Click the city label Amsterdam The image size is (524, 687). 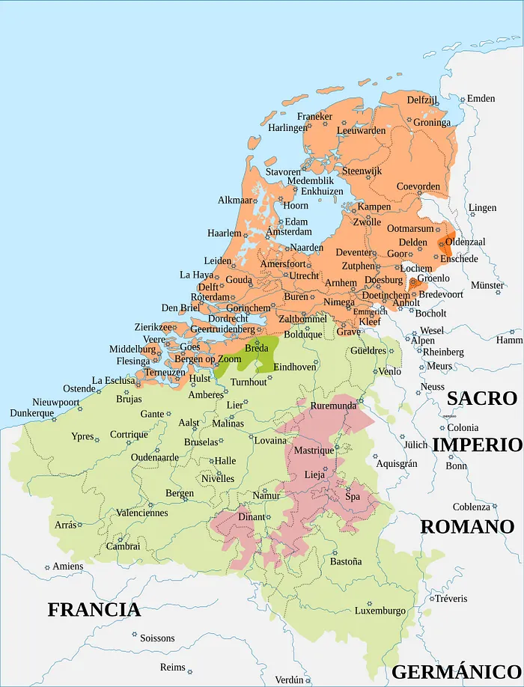point(289,232)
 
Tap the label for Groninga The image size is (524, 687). point(432,122)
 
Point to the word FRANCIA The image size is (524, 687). point(94,609)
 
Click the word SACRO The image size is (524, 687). point(481,398)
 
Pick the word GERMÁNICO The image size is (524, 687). point(457,671)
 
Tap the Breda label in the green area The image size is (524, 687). point(257,349)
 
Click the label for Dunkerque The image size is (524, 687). point(32,413)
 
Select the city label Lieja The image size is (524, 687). point(314,474)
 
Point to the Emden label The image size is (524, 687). point(481,99)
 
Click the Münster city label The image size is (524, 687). point(487,285)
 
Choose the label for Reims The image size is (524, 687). point(172,667)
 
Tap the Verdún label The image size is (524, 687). point(289,680)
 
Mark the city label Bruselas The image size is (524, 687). point(201,442)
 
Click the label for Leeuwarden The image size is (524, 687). point(361,130)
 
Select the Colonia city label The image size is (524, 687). point(463,428)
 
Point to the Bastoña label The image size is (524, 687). point(346,561)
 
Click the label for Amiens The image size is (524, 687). point(68,567)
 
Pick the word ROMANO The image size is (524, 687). point(467,526)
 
